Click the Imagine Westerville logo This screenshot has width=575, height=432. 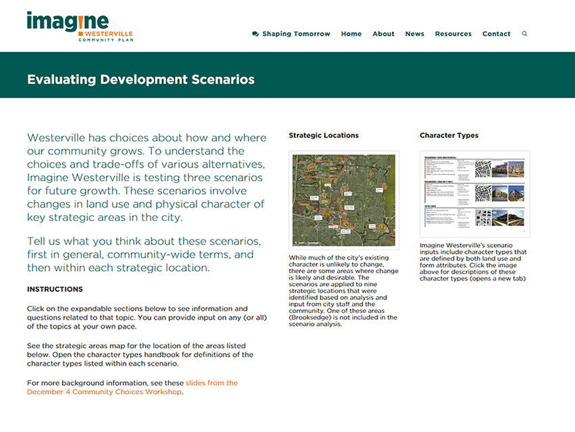point(80,26)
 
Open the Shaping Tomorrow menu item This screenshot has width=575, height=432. point(296,34)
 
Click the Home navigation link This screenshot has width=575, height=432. point(351,34)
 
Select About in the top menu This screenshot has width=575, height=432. point(383,34)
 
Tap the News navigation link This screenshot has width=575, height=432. point(414,34)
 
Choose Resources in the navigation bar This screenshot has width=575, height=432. point(453,34)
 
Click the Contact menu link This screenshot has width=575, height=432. point(496,34)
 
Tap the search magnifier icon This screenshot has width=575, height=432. point(524,34)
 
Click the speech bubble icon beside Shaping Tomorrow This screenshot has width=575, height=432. point(255,34)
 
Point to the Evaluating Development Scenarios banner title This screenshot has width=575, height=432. point(141,79)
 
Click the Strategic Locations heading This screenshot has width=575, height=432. point(323,135)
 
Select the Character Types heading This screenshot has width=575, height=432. point(449,135)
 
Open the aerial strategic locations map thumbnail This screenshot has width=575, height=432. point(344,199)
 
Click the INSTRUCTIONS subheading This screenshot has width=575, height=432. point(55,289)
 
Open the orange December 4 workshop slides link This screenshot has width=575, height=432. point(132,387)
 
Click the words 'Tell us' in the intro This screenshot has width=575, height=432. point(45,241)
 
